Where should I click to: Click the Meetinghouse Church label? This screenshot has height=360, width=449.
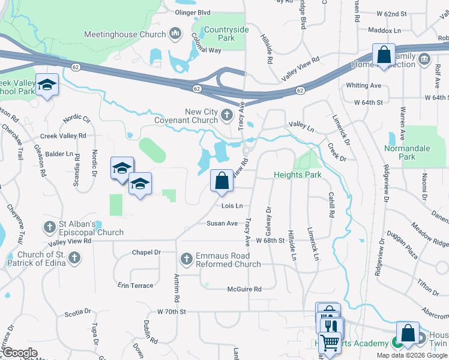coord(125,34)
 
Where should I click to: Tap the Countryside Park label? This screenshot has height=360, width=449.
coord(217,34)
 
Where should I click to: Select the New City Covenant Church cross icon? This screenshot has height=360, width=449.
coord(226,114)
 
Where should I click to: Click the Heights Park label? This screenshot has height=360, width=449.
coord(298,175)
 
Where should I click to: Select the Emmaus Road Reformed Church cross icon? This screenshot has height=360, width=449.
coord(186,259)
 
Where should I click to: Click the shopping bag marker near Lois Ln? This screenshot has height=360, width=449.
coord(221,180)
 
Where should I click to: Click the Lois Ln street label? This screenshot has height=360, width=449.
coord(232,206)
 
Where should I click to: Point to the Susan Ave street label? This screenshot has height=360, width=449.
coord(222,223)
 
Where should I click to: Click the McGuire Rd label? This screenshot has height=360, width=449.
coord(244,289)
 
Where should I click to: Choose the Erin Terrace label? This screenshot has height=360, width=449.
coord(135,286)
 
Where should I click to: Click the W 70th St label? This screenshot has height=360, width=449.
coord(172,312)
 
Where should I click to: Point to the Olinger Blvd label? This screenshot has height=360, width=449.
coord(192,12)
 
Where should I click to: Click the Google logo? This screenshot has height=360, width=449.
coord(20,353)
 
